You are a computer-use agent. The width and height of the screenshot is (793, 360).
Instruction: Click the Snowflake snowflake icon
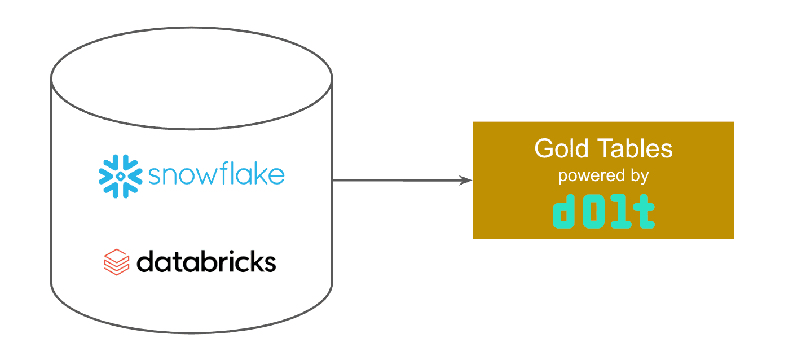coord(120,176)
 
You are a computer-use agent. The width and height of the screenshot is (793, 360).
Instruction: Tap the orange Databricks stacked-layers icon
coord(117,262)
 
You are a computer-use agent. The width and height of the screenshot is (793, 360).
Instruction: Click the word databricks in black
coord(206,262)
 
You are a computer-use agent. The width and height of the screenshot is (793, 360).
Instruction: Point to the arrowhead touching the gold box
coord(465,181)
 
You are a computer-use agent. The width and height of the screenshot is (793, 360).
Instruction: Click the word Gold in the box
coord(561,148)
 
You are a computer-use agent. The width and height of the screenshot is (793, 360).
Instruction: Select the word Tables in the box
coord(635,148)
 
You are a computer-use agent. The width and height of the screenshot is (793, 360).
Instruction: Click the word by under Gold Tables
coord(640,176)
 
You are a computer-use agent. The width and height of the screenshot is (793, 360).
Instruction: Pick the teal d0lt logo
coord(603,211)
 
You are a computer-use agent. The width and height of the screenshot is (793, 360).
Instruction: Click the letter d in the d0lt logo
coord(563,211)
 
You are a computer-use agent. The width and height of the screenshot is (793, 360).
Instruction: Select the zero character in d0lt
coord(593,211)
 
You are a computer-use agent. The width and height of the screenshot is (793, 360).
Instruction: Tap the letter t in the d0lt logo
coord(644,211)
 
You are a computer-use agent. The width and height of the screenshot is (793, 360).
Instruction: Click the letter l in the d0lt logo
coord(619,211)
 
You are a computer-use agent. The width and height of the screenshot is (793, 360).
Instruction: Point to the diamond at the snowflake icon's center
coord(120,176)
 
